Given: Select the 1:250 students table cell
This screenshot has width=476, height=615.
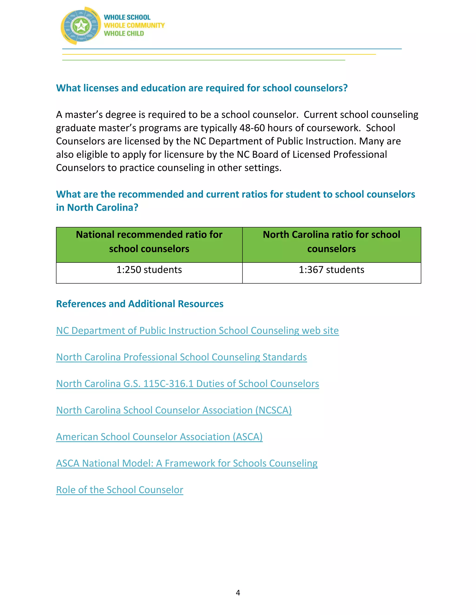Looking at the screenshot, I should tap(149, 270).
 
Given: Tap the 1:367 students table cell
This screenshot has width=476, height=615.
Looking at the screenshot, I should tap(331, 270).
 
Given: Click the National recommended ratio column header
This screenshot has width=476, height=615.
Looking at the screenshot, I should tap(149, 242).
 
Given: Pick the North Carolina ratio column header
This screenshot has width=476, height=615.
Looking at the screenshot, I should tap(331, 242).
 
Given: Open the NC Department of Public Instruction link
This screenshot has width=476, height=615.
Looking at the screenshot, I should tap(197, 330).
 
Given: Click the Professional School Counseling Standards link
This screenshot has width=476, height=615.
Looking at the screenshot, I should tap(181, 357).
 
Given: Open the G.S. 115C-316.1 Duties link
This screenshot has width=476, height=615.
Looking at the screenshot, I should tap(187, 384).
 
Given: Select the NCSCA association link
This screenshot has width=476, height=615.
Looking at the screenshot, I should tap(174, 410).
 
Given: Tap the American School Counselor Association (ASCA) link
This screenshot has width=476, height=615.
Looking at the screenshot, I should tap(159, 437).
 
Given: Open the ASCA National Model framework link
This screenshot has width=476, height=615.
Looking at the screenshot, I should tap(187, 463).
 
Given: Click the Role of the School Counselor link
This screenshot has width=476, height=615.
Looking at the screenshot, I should tap(119, 490).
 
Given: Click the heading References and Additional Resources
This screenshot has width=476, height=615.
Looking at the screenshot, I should tap(140, 304).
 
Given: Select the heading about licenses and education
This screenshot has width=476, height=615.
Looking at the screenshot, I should tap(202, 88).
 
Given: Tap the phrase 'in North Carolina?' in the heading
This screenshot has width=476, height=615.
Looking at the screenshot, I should tap(97, 207).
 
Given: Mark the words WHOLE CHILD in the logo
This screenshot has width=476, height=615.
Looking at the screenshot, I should tap(124, 33).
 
